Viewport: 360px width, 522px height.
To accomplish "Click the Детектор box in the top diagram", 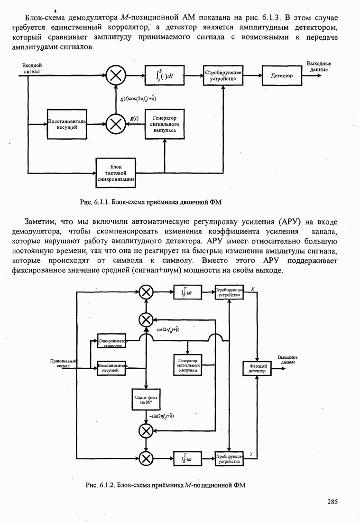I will tap(282, 75).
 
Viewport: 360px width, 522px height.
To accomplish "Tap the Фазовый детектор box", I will tap(257, 368).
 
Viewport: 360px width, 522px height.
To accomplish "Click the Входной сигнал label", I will tap(32, 68).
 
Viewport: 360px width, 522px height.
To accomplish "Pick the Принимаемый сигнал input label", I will tap(63, 364).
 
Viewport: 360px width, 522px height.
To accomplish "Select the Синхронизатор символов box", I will tap(113, 344).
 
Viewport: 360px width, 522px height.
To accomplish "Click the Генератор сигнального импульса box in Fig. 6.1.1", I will tap(164, 124).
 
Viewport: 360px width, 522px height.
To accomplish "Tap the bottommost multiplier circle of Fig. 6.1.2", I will tap(147, 458).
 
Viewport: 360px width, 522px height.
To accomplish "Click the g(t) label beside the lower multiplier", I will tap(134, 118).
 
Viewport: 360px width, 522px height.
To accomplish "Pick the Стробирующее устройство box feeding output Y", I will tap(229, 458).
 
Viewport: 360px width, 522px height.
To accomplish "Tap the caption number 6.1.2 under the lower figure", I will tap(107, 485).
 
